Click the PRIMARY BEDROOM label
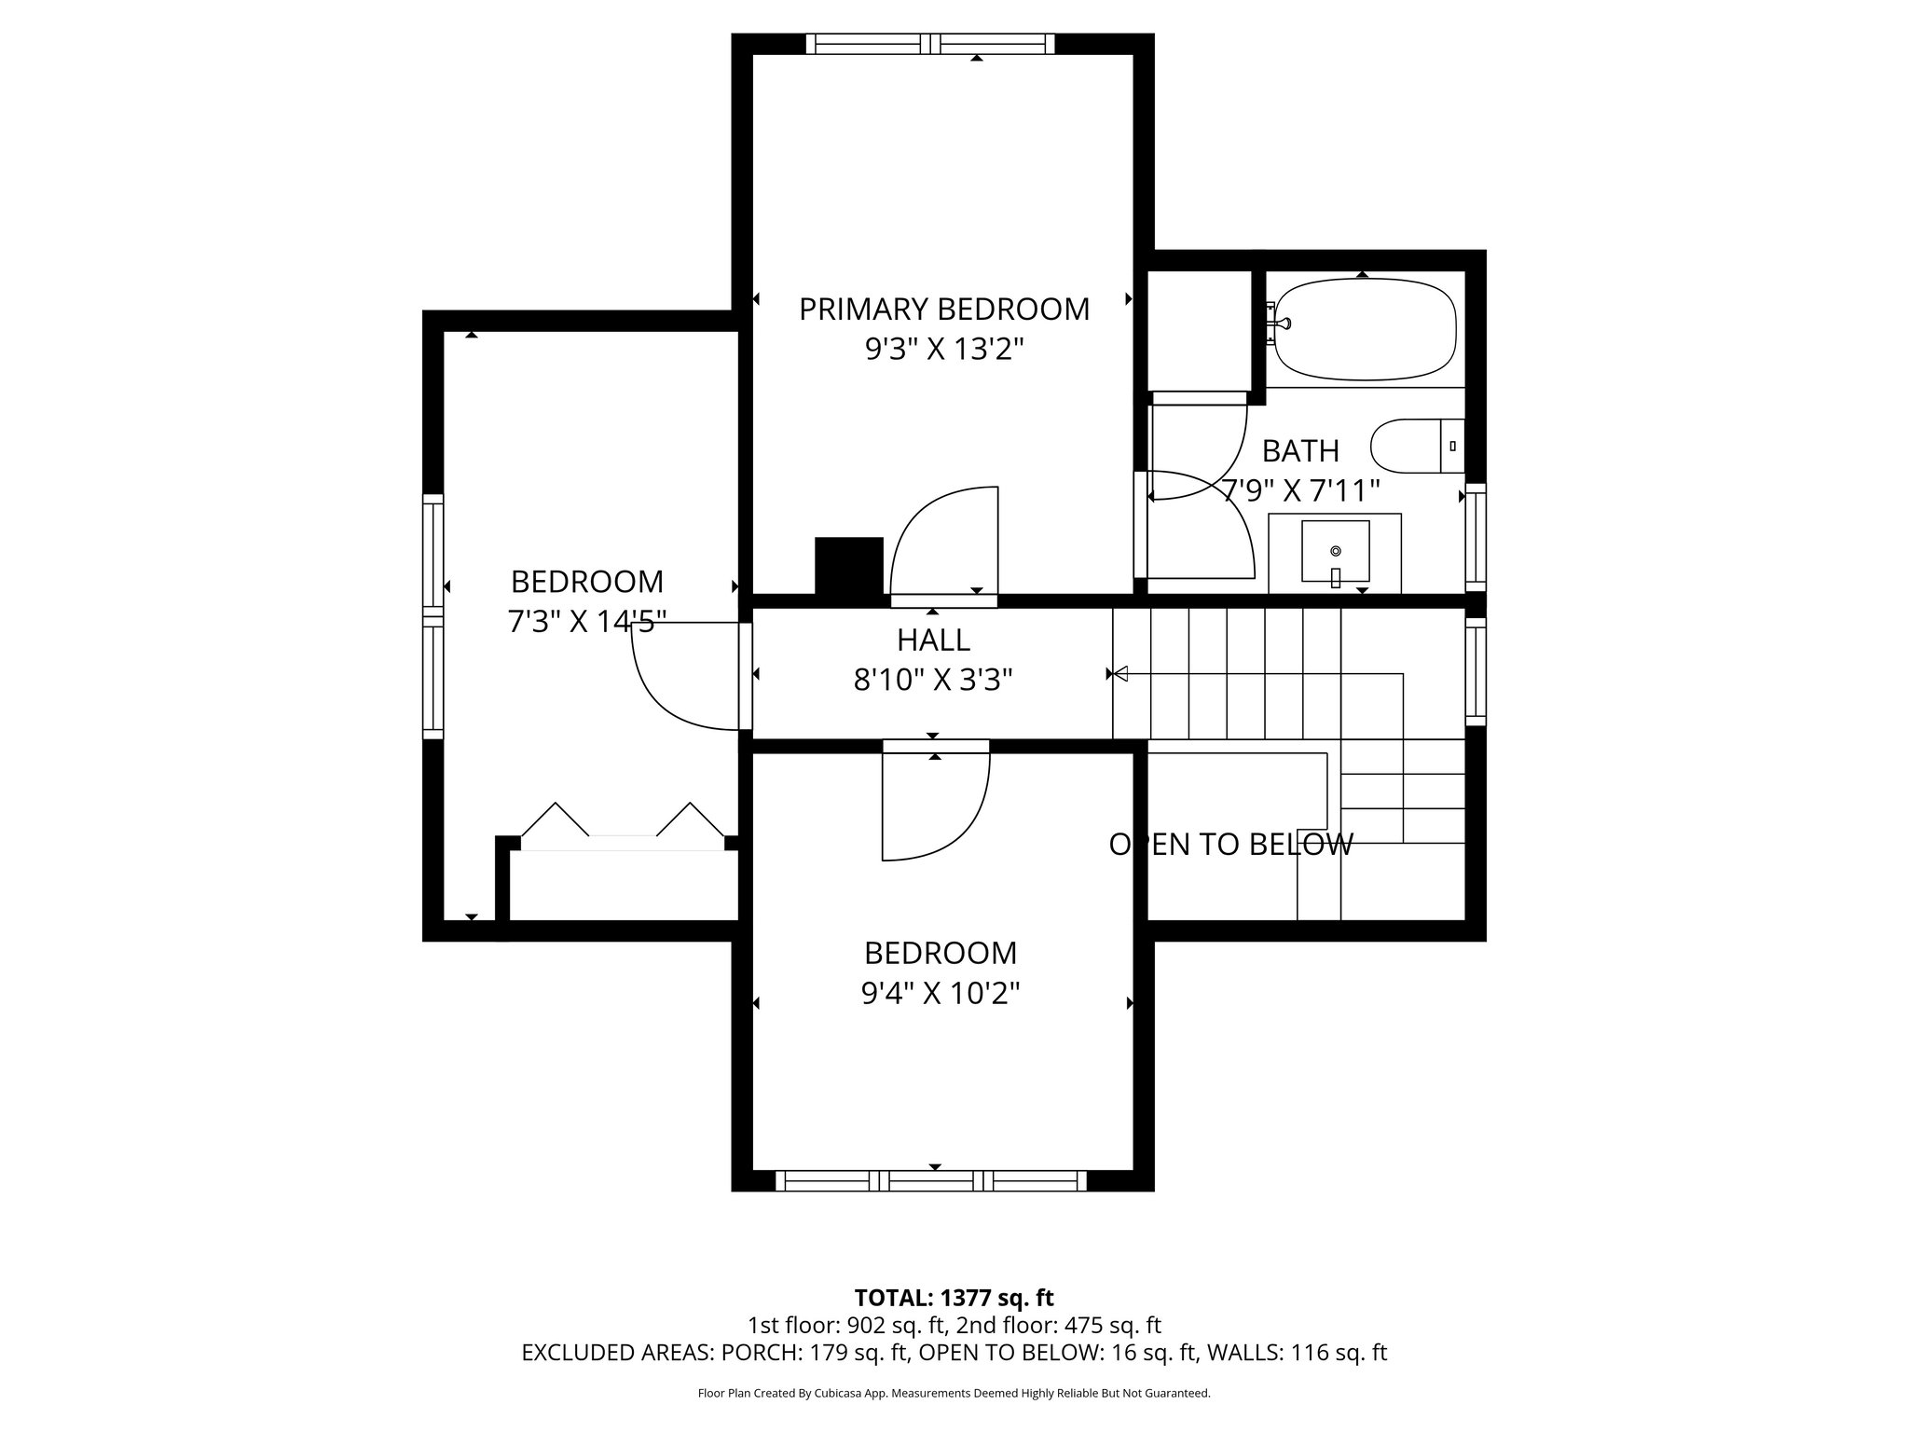(943, 309)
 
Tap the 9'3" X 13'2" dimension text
(943, 350)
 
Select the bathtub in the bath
(1365, 332)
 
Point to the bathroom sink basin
(1335, 551)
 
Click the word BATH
(1300, 451)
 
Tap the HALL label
(933, 640)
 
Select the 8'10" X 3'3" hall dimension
(933, 681)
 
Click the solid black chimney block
(848, 565)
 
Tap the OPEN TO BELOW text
(1230, 845)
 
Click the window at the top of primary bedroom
(930, 44)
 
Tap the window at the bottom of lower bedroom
(932, 1181)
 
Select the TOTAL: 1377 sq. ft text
(954, 1298)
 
